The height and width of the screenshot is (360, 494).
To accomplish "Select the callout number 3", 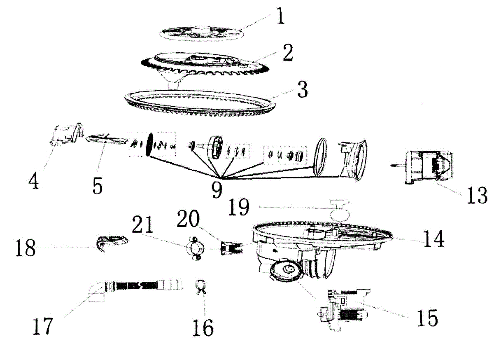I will coord(303,90).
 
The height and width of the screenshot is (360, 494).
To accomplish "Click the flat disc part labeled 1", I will coord(202,34).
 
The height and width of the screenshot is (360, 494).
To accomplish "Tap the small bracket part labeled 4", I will coord(66,134).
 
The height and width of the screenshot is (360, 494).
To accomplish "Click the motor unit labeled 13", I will coord(428,167).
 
